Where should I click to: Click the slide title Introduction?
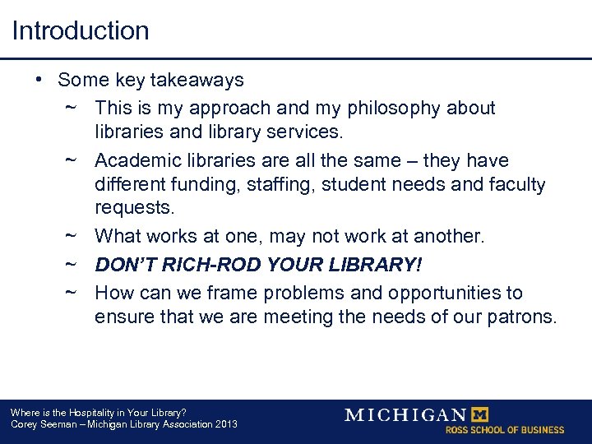click(81, 31)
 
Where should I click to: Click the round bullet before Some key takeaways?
click(39, 80)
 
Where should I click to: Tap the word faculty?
click(516, 184)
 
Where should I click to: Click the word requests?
click(127, 207)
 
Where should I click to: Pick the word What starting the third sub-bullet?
click(118, 237)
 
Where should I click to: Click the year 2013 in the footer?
click(224, 424)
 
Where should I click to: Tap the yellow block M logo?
click(479, 414)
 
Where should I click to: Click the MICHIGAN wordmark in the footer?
click(405, 414)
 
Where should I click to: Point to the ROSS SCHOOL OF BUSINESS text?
click(505, 430)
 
